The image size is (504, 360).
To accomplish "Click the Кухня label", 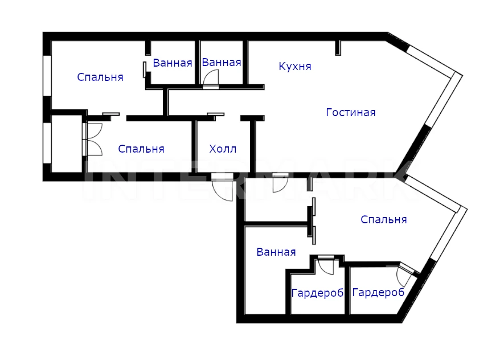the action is pos(295,66).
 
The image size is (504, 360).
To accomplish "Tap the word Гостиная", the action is pos(351,113).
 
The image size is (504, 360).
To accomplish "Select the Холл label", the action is pos(223,149).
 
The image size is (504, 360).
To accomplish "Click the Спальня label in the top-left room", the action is pos(100,77).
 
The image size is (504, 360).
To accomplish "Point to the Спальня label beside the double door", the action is pos(141,149).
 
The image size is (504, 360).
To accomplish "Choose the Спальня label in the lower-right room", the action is pos(383,219).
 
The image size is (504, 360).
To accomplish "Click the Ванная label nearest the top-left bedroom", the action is pos(173,63).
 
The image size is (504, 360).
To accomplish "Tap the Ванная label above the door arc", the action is pos(222,62).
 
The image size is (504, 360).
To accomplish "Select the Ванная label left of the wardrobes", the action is pos(276,252).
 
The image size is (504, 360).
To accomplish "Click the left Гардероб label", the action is pos(317,293).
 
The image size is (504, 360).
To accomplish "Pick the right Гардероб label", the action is pos(378,293).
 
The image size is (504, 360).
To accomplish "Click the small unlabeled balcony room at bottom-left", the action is pos(67,144).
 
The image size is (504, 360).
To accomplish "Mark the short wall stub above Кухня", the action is pos(338,48).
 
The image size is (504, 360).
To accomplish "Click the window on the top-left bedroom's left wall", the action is pos(47,76).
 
